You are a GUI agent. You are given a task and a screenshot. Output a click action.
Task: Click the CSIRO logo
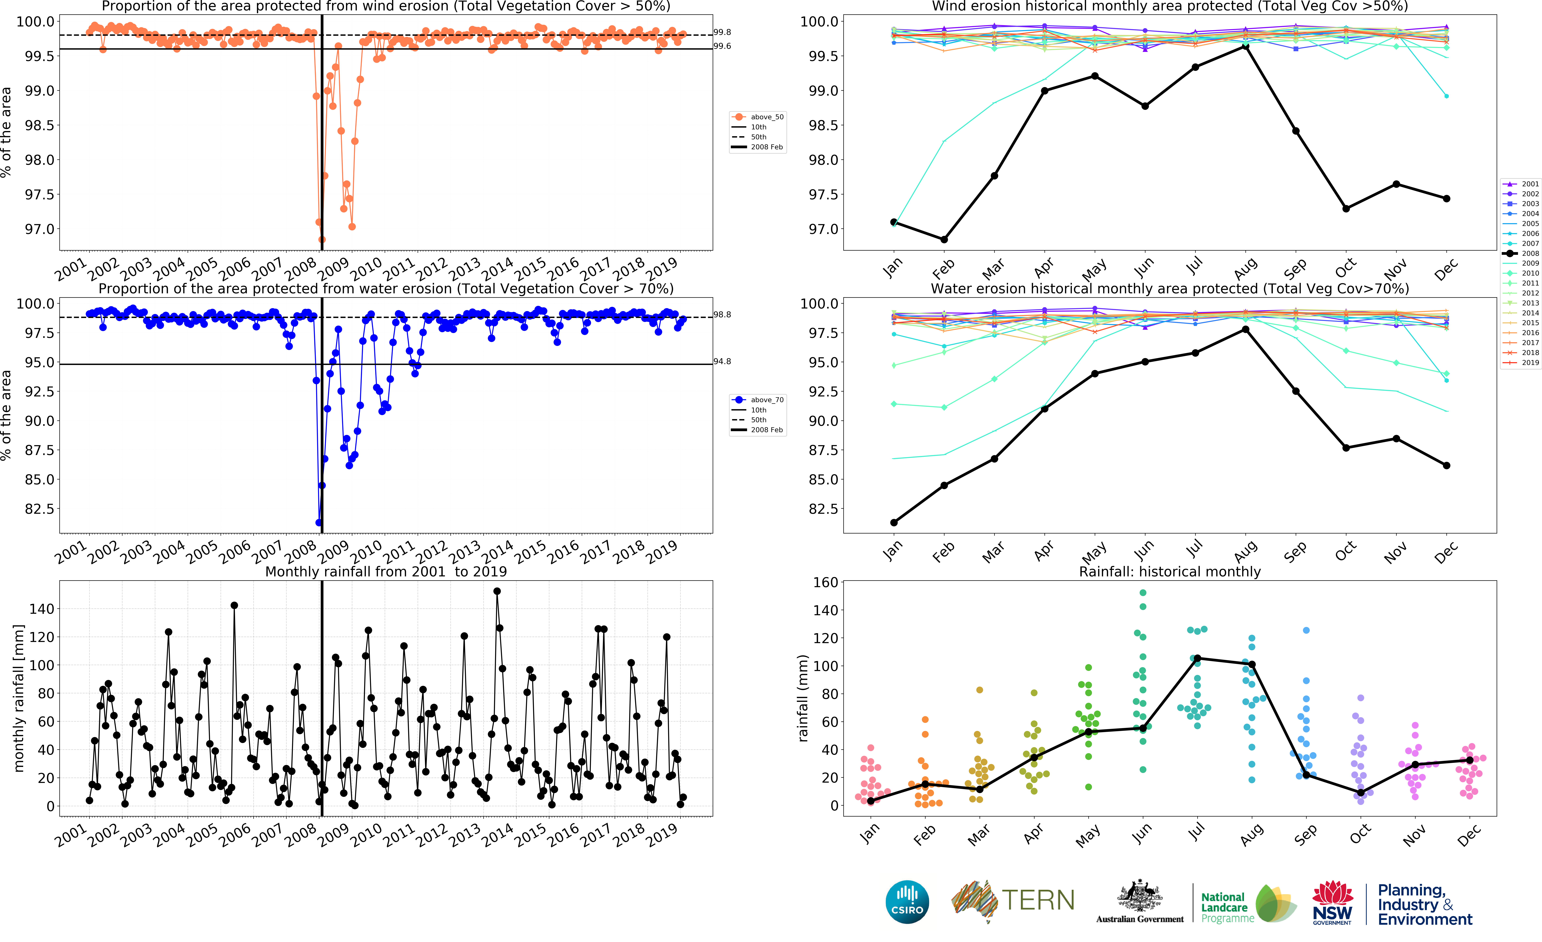coord(907,902)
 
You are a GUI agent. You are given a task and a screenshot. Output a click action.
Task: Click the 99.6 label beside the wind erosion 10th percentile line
coord(722,46)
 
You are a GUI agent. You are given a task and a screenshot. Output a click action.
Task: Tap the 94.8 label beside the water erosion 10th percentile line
coord(722,362)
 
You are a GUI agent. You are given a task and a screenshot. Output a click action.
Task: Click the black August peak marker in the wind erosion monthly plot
coord(1245,45)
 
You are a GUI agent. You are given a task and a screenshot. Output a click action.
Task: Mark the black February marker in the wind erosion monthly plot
coord(944,240)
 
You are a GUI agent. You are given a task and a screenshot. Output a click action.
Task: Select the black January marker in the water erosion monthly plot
coord(894,523)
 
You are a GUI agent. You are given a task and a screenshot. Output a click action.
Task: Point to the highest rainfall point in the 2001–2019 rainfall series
coord(497,591)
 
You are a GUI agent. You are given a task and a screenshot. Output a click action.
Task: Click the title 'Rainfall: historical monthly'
coord(1170,571)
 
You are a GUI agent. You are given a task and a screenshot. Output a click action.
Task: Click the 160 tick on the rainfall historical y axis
coord(825,582)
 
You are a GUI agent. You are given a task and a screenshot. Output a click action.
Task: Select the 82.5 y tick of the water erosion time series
coord(39,509)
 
